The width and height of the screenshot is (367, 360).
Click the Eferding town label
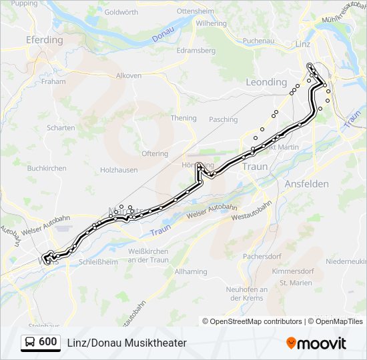(44, 40)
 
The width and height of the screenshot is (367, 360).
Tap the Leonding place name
(266, 82)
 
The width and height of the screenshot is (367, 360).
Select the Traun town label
(255, 167)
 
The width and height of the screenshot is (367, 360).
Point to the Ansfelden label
(306, 183)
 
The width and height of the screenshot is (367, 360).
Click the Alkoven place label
(129, 76)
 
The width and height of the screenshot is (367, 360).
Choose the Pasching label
(223, 120)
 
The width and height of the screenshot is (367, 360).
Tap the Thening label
(183, 118)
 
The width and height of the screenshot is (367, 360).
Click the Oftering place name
(155, 153)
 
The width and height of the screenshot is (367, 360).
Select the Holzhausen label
(118, 170)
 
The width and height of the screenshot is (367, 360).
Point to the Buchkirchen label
(45, 169)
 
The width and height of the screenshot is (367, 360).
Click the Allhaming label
(191, 272)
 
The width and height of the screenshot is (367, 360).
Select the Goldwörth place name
(121, 12)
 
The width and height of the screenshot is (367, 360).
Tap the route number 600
(47, 342)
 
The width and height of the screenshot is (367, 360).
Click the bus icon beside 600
(30, 343)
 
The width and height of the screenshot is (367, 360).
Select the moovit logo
(316, 343)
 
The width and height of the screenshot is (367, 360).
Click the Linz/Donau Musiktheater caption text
(127, 343)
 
